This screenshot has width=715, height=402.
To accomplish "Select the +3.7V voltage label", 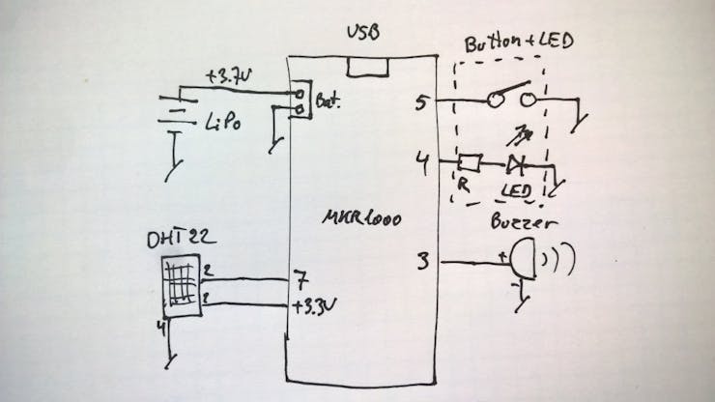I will point(228,75).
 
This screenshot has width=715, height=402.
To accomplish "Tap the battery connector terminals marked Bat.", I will point(302,101).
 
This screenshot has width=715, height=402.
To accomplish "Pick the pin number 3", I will point(423,259).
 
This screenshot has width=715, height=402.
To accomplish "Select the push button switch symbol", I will point(509,99).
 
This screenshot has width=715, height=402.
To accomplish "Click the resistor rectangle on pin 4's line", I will point(470,162).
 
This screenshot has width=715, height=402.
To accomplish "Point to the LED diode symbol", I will point(515,162).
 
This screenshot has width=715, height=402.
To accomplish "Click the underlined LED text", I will point(518,189).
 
